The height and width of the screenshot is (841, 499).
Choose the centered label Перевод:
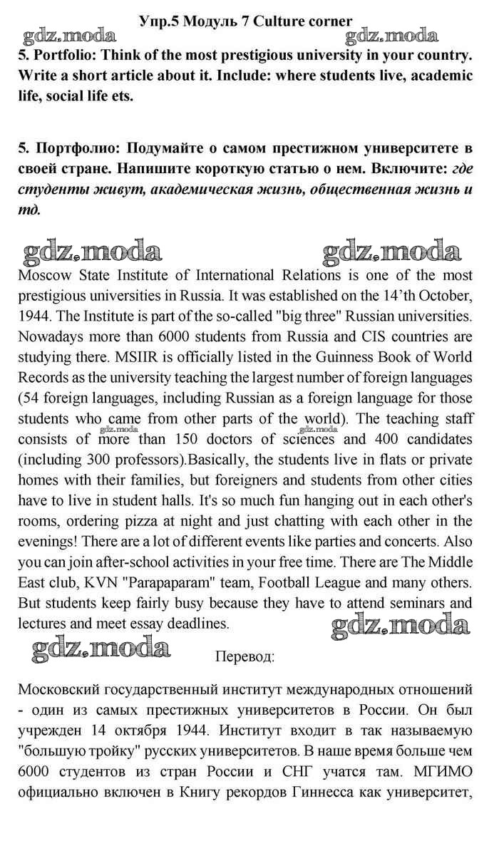[x=245, y=656]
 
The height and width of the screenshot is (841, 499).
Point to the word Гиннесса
[x=302, y=793]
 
